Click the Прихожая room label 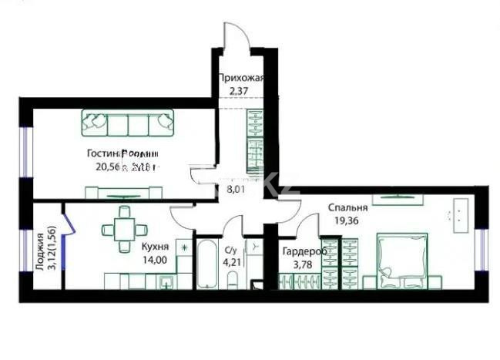pyautogui.click(x=242, y=78)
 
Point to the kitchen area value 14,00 pyautogui.click(x=155, y=261)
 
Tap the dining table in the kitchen pyautogui.click(x=123, y=227)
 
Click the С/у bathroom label pyautogui.click(x=230, y=250)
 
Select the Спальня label pyautogui.click(x=347, y=207)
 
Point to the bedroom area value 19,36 pyautogui.click(x=347, y=220)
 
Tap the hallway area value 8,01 pyautogui.click(x=232, y=185)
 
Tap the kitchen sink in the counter pyautogui.click(x=166, y=282)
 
